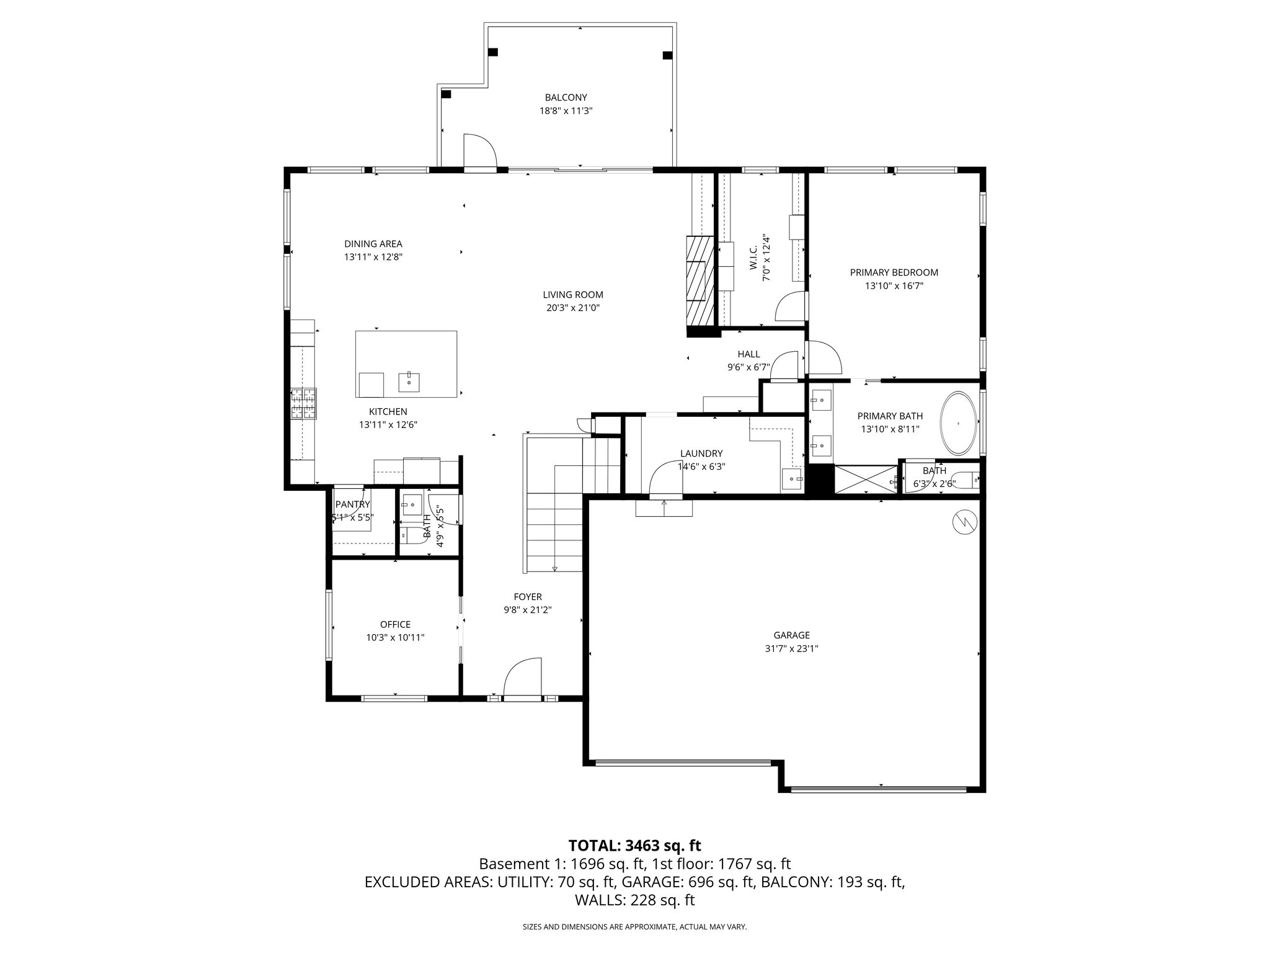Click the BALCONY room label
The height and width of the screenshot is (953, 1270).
coord(566,97)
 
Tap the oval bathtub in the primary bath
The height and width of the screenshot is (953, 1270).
coord(959,423)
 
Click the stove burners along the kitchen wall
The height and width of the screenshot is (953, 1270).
coord(303,404)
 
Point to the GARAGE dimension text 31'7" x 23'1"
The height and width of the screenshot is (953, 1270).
coord(791,648)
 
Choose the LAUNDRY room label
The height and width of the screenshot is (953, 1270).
coord(701,454)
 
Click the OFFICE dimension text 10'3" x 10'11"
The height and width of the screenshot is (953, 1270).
coord(395,637)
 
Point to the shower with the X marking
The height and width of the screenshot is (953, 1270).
coord(865,480)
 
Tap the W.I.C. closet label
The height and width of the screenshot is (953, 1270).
coord(753,258)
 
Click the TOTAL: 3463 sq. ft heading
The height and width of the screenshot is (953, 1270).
coord(634,845)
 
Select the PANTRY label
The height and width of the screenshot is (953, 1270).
coord(352,504)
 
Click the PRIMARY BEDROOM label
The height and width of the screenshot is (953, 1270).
coord(894,272)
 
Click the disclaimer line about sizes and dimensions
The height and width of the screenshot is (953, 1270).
coord(634,927)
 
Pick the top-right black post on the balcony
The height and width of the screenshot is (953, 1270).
coord(667,55)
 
